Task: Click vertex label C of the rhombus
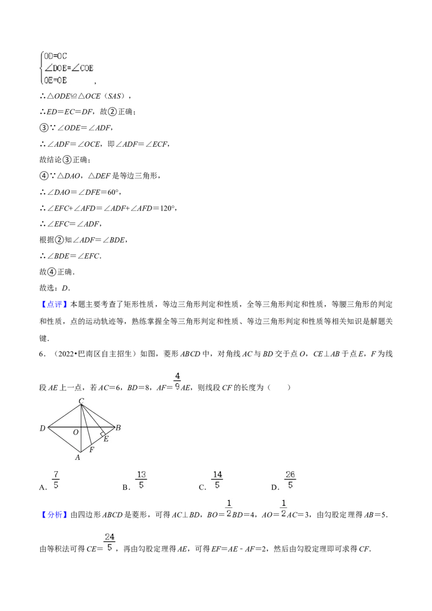click(x=81, y=401)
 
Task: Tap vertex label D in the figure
click(x=43, y=428)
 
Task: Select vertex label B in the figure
click(x=118, y=427)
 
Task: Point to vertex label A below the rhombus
click(x=78, y=458)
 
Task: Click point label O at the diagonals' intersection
click(x=76, y=432)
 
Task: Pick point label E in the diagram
click(x=106, y=439)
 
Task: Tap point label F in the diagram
click(x=92, y=449)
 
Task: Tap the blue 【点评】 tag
click(x=54, y=304)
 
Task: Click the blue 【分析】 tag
click(x=54, y=515)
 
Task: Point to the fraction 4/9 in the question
click(x=178, y=382)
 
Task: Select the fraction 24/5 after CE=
click(x=110, y=542)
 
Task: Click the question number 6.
click(x=42, y=354)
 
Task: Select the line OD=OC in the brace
click(x=56, y=56)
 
